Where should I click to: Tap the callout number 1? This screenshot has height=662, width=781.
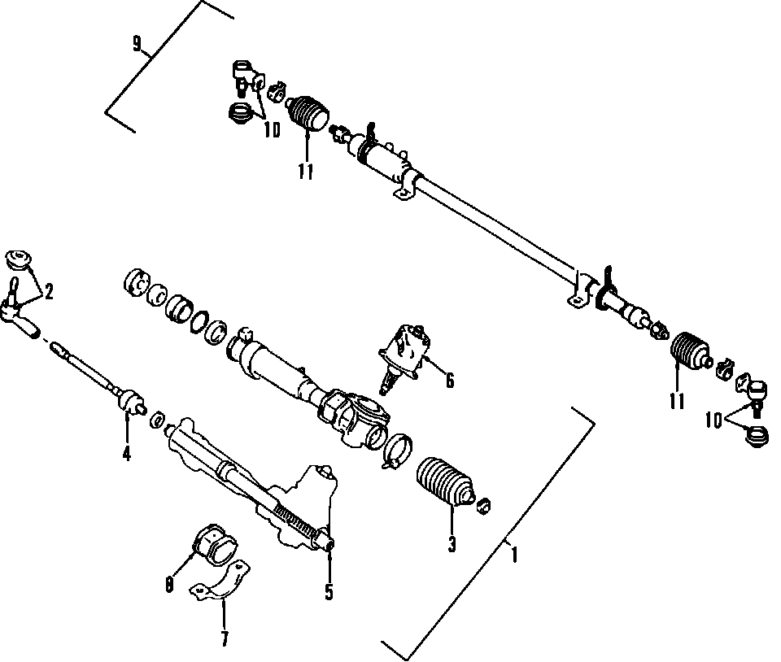click(513, 555)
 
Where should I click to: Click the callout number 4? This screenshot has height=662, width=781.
click(126, 453)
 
